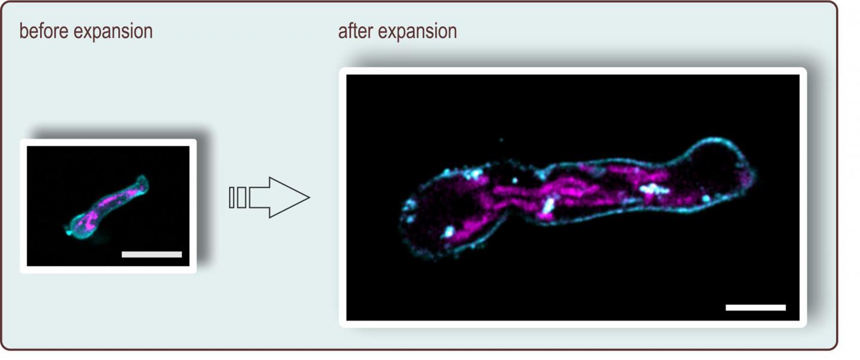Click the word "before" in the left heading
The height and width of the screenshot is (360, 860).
[44, 31]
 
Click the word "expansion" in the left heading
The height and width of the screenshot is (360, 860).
[113, 32]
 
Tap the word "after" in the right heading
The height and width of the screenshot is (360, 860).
[355, 31]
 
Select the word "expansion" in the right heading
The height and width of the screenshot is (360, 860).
[417, 32]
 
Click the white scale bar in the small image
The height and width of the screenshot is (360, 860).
[152, 254]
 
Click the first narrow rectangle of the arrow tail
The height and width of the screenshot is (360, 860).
[232, 198]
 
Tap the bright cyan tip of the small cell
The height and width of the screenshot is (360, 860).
[69, 231]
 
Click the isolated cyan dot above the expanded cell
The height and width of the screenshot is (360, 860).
[501, 140]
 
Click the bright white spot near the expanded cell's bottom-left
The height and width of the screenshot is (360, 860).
[448, 232]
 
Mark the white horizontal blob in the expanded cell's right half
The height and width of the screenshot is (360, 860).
[653, 189]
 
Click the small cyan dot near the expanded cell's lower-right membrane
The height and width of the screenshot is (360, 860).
[706, 199]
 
